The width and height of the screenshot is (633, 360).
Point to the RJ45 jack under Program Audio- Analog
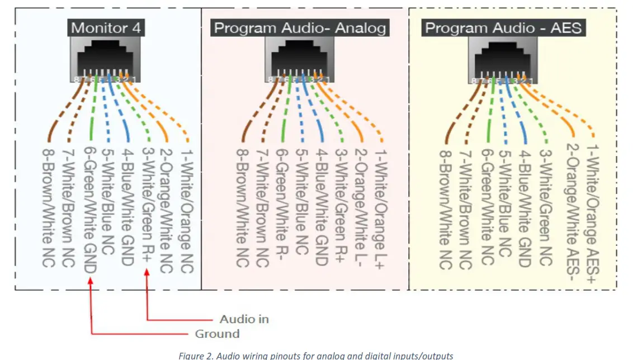click(x=299, y=59)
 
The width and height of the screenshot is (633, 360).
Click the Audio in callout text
click(x=244, y=319)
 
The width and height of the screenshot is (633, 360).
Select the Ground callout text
click(x=217, y=334)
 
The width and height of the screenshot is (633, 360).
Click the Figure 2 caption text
click(x=316, y=356)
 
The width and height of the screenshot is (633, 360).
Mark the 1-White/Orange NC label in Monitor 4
click(x=185, y=210)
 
